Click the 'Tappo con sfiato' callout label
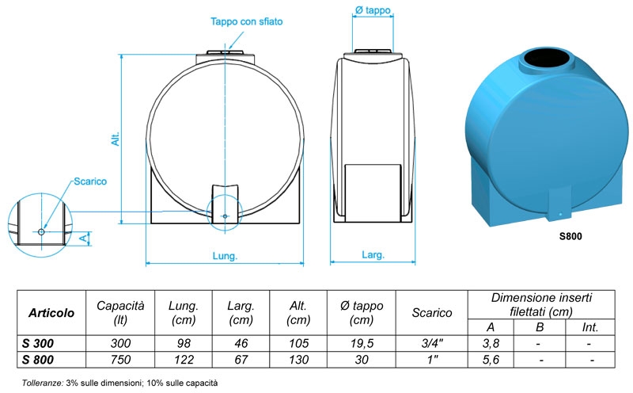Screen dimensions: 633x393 click(x=246, y=21)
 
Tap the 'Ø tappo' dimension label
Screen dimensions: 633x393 click(x=373, y=10)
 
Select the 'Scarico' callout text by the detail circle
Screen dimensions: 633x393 click(x=90, y=181)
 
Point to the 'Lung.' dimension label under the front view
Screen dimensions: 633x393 click(x=225, y=256)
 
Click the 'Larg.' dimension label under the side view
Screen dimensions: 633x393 click(x=373, y=255)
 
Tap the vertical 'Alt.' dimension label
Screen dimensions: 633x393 click(x=116, y=139)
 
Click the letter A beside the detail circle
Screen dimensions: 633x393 click(x=83, y=238)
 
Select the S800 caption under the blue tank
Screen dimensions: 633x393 click(x=570, y=237)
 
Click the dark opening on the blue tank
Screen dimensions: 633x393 click(x=546, y=60)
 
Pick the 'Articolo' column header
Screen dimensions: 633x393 click(x=51, y=313)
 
